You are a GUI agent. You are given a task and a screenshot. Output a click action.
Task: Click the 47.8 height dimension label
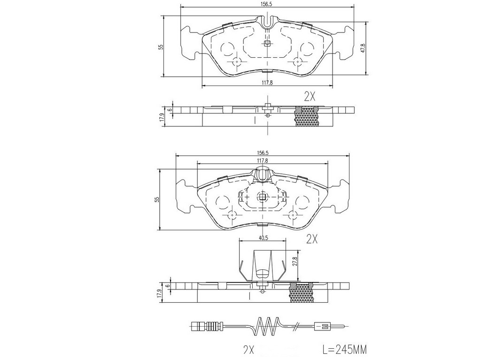click(x=363, y=48)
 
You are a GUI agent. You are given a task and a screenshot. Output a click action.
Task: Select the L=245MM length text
click(x=344, y=349)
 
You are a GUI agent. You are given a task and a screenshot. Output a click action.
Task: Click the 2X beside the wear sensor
click(x=248, y=350)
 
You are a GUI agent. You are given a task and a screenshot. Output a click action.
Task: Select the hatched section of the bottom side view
click(x=302, y=292)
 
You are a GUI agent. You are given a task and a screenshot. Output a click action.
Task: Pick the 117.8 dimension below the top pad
click(x=267, y=82)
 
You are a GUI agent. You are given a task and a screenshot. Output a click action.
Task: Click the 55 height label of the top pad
click(x=161, y=47)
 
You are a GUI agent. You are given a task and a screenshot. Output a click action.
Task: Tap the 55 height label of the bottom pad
click(x=157, y=199)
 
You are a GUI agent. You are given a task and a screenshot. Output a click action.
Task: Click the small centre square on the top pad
click(x=267, y=43)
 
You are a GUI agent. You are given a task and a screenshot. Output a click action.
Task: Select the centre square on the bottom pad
click(x=263, y=197)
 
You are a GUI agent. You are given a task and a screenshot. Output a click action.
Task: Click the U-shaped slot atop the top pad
click(x=267, y=21)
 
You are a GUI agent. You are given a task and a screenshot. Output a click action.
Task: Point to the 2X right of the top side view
click(x=310, y=97)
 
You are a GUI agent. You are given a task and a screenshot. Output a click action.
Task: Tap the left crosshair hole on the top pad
click(x=237, y=62)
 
